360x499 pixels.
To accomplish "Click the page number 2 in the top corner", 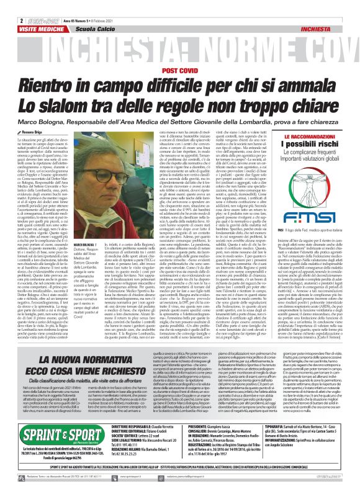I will tap(4, 4).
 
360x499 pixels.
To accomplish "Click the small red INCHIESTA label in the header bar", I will tap(338, 11).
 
